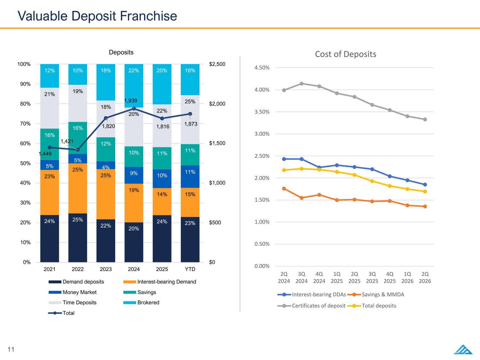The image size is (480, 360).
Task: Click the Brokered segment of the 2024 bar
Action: click(134, 86)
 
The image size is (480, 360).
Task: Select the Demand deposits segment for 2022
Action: click(78, 238)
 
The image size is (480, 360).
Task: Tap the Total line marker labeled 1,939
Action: click(134, 108)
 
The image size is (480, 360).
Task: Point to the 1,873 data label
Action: click(191, 124)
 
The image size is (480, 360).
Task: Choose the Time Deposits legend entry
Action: click(72, 302)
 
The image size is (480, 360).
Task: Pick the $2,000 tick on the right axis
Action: click(217, 104)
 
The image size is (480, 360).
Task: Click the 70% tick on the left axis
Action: click(25, 124)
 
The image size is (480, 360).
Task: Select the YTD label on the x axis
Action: click(190, 269)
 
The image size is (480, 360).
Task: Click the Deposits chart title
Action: click(121, 52)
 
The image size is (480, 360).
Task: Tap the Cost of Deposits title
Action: click(346, 54)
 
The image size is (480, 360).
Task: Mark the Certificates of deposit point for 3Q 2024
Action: click(301, 84)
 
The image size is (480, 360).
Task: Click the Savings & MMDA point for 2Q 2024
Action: click(284, 188)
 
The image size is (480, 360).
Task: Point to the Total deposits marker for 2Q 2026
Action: click(425, 192)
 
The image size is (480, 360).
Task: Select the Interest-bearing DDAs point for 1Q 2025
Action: click(337, 165)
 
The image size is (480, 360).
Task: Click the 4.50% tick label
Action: click(262, 68)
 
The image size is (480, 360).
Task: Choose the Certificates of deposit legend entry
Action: click(311, 306)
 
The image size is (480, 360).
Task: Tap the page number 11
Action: click(11, 349)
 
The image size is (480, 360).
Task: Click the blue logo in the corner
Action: click(463, 349)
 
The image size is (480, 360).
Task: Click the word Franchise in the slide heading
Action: click(148, 16)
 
